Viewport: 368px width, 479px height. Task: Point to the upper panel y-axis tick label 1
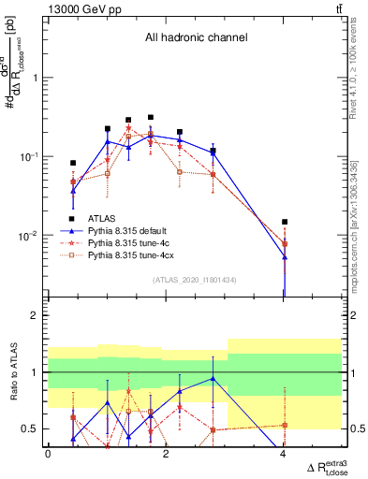click(37, 79)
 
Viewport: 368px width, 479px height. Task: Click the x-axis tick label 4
click(284, 454)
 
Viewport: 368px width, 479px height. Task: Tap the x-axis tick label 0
click(48, 454)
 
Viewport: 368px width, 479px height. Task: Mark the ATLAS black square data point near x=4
click(284, 222)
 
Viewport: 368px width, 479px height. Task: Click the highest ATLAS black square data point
click(150, 118)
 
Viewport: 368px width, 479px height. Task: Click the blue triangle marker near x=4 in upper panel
click(284, 256)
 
